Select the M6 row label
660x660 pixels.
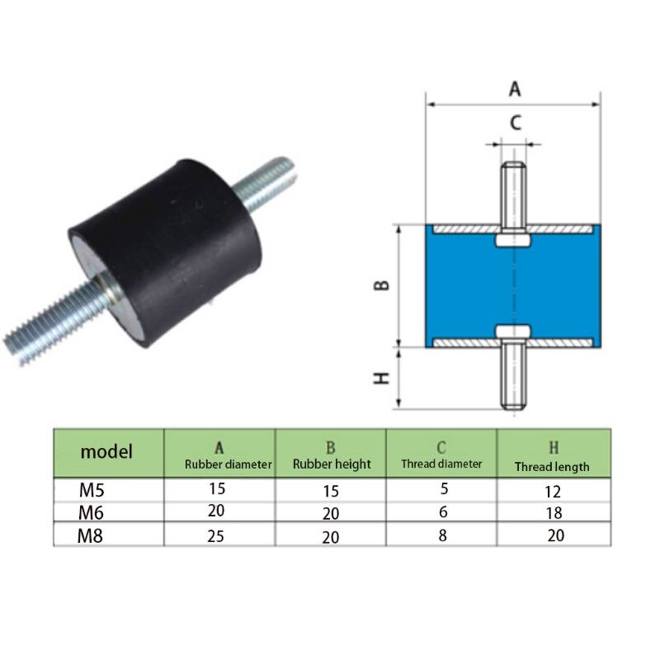tap(93, 512)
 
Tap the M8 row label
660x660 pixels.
tap(93, 535)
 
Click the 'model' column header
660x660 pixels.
tap(106, 452)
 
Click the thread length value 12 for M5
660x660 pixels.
tap(552, 492)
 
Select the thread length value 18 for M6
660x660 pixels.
tap(552, 513)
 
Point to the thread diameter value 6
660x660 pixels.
tap(444, 511)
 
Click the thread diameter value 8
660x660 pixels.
tap(444, 534)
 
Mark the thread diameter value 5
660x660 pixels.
tap(444, 488)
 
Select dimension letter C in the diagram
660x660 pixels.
tap(514, 124)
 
